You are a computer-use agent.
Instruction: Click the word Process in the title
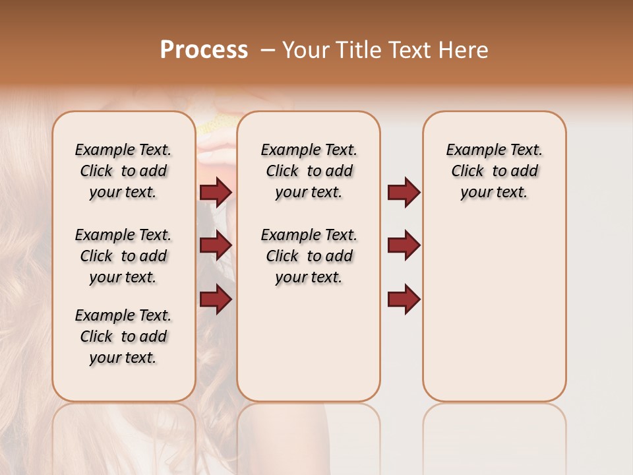click(204, 50)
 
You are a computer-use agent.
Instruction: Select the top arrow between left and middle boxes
click(216, 192)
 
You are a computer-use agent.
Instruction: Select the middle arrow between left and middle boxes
click(216, 245)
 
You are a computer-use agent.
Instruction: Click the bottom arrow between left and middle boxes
click(216, 300)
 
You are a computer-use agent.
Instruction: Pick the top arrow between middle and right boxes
click(404, 192)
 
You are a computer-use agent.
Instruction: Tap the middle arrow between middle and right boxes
click(404, 245)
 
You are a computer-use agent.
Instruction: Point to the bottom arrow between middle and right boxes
click(404, 300)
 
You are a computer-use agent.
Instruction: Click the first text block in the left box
click(123, 171)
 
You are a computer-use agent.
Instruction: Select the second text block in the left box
click(123, 256)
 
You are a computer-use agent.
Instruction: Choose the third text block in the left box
click(123, 336)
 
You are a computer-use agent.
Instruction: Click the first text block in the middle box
click(309, 171)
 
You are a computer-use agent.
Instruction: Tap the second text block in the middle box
click(309, 256)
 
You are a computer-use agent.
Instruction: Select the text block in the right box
click(494, 171)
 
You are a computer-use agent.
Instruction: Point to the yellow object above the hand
click(215, 125)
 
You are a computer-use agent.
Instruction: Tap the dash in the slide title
click(268, 50)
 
